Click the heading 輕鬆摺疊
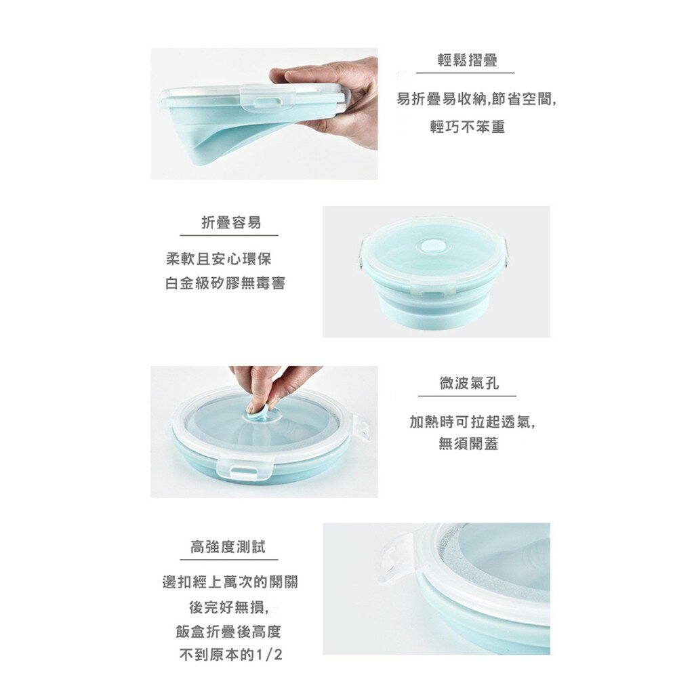467,61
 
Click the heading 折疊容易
231,223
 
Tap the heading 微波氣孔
468,384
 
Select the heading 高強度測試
228,547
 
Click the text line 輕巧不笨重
468,127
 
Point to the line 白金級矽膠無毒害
225,283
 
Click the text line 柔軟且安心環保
220,259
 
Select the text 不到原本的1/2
230,655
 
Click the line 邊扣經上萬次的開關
230,582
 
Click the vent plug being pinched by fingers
258,408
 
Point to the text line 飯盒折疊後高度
228,632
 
